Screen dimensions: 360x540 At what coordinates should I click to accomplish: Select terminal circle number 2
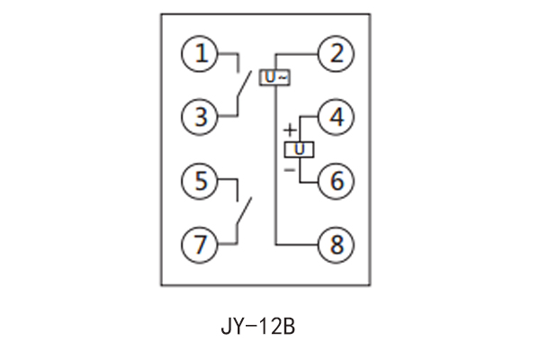point(337,54)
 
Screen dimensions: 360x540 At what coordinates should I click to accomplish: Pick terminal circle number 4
point(337,117)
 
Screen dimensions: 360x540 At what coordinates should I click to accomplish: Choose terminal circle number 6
point(337,180)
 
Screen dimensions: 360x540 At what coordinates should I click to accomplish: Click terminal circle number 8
point(337,243)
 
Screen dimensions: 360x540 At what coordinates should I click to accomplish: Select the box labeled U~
point(275,78)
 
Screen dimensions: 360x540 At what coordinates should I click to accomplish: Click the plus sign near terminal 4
point(290,130)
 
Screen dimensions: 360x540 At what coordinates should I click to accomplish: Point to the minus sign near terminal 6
point(290,168)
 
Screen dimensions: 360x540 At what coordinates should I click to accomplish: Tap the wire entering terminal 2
point(297,54)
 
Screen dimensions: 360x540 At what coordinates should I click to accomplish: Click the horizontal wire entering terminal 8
point(297,243)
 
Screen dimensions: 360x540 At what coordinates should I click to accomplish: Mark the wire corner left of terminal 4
point(300,117)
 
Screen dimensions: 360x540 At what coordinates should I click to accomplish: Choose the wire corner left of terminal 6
point(300,180)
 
